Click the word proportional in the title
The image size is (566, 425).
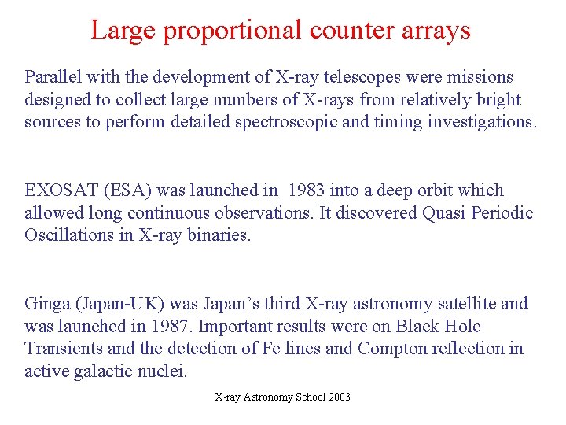pyautogui.click(x=220, y=30)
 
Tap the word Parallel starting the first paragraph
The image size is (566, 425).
pyautogui.click(x=53, y=77)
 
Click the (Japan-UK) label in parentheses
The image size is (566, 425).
pyautogui.click(x=114, y=304)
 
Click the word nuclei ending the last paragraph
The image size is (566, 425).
pyautogui.click(x=166, y=371)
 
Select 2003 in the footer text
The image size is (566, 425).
pyautogui.click(x=339, y=397)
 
